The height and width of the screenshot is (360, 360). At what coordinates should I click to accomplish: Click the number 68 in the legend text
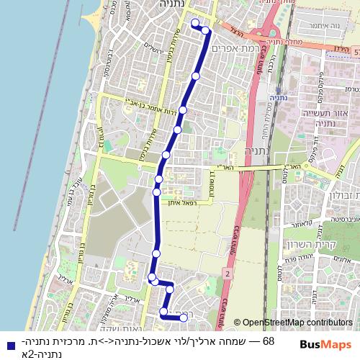click(x=269, y=341)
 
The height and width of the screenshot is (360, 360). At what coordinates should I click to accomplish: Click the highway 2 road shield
click(x=227, y=274)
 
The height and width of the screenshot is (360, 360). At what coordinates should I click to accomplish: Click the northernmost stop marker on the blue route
click(x=194, y=24)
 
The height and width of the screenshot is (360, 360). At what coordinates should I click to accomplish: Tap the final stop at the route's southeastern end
click(x=184, y=318)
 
